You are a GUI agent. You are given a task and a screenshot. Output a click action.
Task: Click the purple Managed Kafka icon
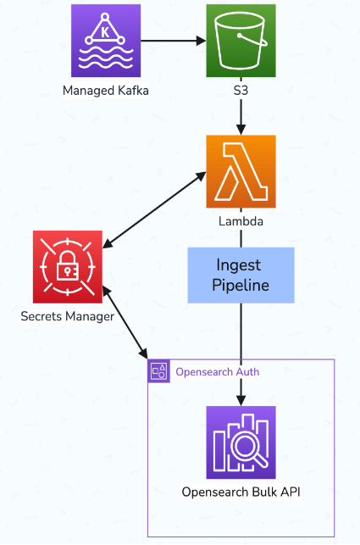pyautogui.click(x=106, y=40)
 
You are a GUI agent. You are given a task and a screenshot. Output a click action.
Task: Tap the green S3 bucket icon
pyautogui.click(x=241, y=40)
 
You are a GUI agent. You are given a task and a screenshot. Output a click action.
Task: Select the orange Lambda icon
pyautogui.click(x=241, y=171)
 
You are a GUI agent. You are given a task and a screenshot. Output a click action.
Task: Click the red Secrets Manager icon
pyautogui.click(x=69, y=266)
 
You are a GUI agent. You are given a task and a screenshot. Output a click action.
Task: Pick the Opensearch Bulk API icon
pyautogui.click(x=241, y=442)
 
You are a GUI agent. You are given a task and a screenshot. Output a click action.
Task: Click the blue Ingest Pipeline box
pyautogui.click(x=241, y=275)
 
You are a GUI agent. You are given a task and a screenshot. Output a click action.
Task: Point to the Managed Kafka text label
pyautogui.click(x=106, y=91)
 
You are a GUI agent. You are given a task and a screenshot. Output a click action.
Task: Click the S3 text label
pyautogui.click(x=241, y=91)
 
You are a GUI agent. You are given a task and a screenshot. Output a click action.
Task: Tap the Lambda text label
pyautogui.click(x=241, y=222)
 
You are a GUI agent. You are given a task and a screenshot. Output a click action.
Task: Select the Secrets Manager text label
pyautogui.click(x=68, y=317)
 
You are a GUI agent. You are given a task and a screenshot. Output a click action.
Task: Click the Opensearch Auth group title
pyautogui.click(x=217, y=371)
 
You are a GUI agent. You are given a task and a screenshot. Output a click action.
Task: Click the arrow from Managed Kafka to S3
pyautogui.click(x=174, y=40)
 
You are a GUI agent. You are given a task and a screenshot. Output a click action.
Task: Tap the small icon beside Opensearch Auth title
pyautogui.click(x=158, y=370)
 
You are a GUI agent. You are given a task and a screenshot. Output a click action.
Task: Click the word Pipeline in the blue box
pyautogui.click(x=241, y=285)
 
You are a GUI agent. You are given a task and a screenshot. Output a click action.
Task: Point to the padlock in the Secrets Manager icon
pyautogui.click(x=69, y=270)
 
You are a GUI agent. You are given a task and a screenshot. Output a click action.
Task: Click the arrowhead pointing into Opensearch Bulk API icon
pyautogui.click(x=241, y=398)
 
